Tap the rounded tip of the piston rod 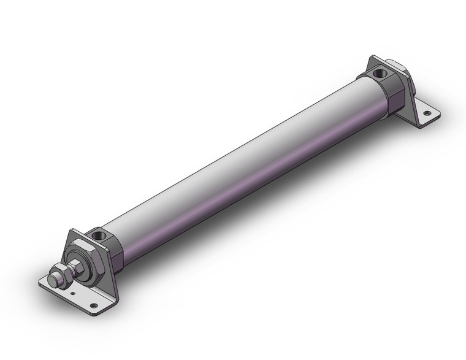(x=53, y=281)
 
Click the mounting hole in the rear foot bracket (x=429, y=113)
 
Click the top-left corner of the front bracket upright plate (x=73, y=231)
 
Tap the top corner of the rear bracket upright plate (x=373, y=58)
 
